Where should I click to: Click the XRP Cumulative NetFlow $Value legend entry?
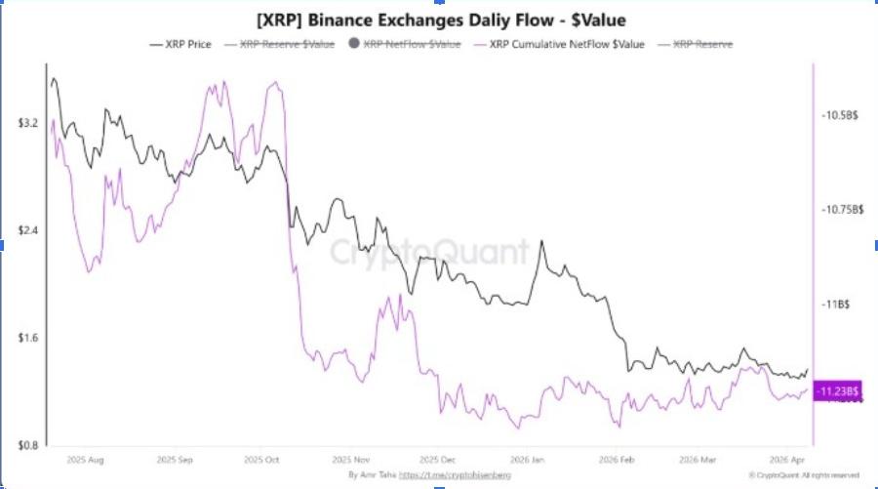tap(558, 44)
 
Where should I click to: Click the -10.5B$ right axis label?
tap(840, 115)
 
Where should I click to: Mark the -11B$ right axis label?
tap(836, 305)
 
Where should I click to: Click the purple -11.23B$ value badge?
tap(838, 391)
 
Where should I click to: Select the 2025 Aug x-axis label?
tap(85, 458)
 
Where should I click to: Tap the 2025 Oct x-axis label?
tap(261, 458)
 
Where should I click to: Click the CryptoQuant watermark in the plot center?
tap(429, 252)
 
